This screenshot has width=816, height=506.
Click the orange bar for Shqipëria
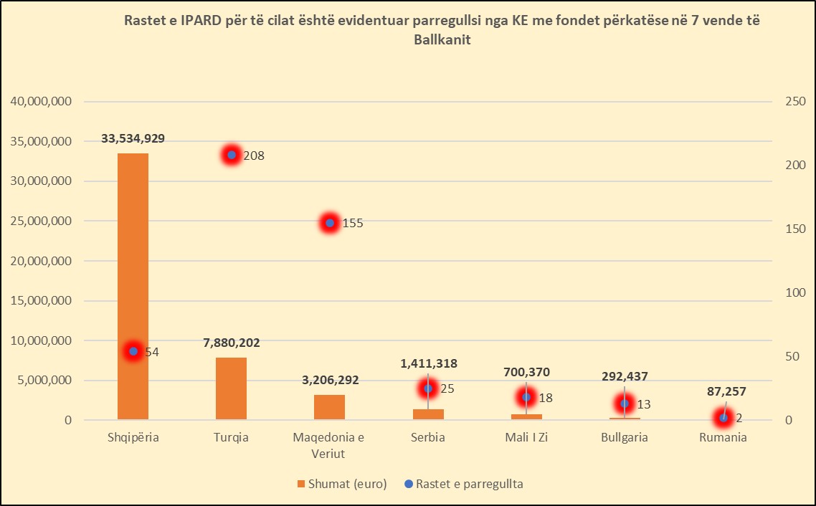click(133, 286)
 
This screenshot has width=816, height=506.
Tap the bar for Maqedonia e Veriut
click(329, 407)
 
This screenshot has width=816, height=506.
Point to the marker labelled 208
click(231, 155)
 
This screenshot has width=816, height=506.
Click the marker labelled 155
click(330, 223)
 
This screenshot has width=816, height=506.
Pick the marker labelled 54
click(133, 351)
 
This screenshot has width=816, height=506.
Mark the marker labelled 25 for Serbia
click(428, 388)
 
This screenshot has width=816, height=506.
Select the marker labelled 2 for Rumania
click(723, 417)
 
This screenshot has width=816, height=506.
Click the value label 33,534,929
click(133, 138)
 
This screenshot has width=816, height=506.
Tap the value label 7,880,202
click(231, 343)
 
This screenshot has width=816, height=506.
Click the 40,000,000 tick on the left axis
click(41, 102)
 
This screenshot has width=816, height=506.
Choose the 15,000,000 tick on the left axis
click(41, 301)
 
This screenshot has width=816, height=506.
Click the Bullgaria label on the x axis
click(625, 437)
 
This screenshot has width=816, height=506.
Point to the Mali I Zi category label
click(526, 437)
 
